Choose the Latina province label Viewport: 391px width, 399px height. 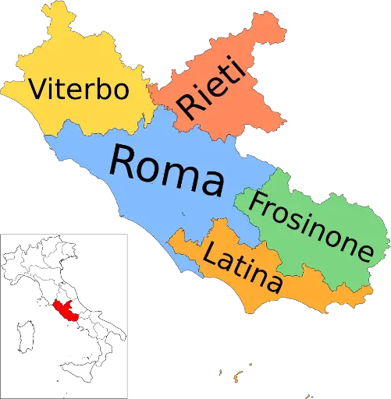(242, 266)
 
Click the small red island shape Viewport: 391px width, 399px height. (66, 309)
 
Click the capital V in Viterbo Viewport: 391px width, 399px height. (37, 89)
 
